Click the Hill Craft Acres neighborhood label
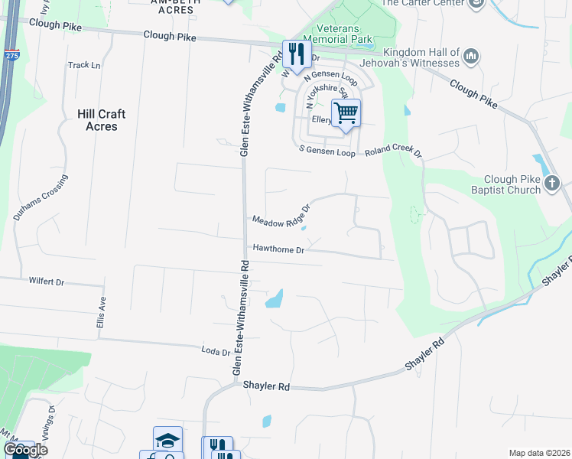[x=101, y=120]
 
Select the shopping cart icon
[x=346, y=114]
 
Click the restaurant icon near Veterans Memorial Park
[x=295, y=53]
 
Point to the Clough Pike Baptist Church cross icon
[x=552, y=184]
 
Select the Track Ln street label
[x=84, y=66]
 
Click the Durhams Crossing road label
[x=40, y=197]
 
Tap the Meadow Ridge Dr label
[x=281, y=216]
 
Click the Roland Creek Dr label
[x=393, y=151]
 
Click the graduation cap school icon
[x=167, y=440]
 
